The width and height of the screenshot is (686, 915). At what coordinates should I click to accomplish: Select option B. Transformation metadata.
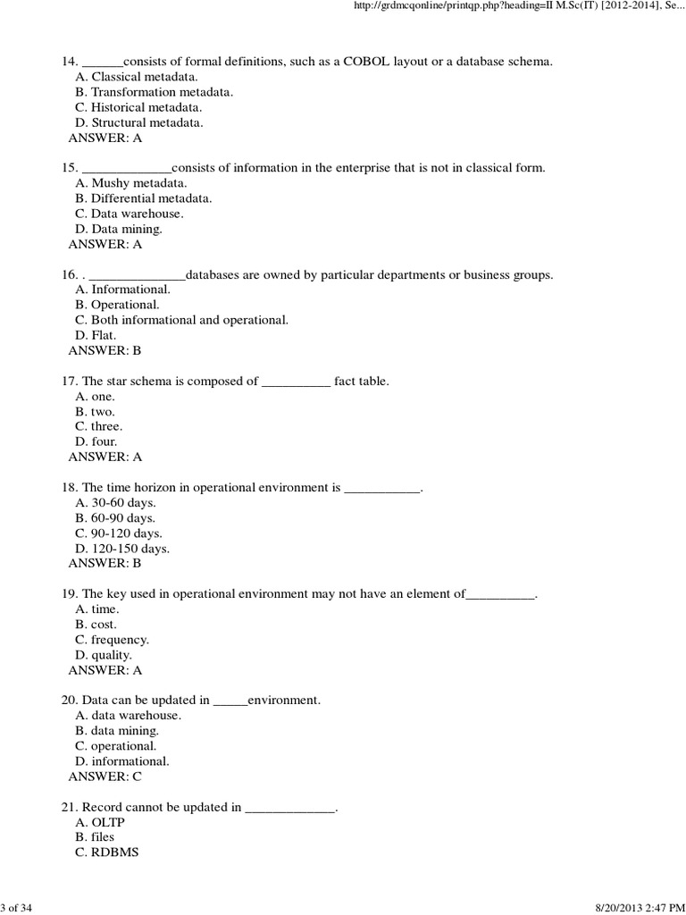(x=142, y=92)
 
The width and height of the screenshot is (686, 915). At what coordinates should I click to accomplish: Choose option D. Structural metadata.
(x=127, y=122)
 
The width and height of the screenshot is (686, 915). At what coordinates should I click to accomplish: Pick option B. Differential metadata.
(x=144, y=198)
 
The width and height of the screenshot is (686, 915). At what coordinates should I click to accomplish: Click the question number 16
(x=70, y=274)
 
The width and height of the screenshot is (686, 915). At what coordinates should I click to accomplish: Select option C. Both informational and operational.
(x=182, y=320)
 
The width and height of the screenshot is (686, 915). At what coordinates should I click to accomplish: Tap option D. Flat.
(x=96, y=335)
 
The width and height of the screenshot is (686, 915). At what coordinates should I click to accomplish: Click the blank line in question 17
(x=296, y=382)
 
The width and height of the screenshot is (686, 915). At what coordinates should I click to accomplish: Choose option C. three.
(x=99, y=426)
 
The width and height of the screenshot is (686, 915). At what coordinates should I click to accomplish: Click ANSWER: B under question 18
(x=105, y=563)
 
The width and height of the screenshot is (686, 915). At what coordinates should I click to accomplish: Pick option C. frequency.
(x=113, y=640)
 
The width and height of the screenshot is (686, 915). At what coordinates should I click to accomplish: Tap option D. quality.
(x=104, y=655)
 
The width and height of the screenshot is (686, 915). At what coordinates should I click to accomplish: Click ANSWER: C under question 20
(x=105, y=776)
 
